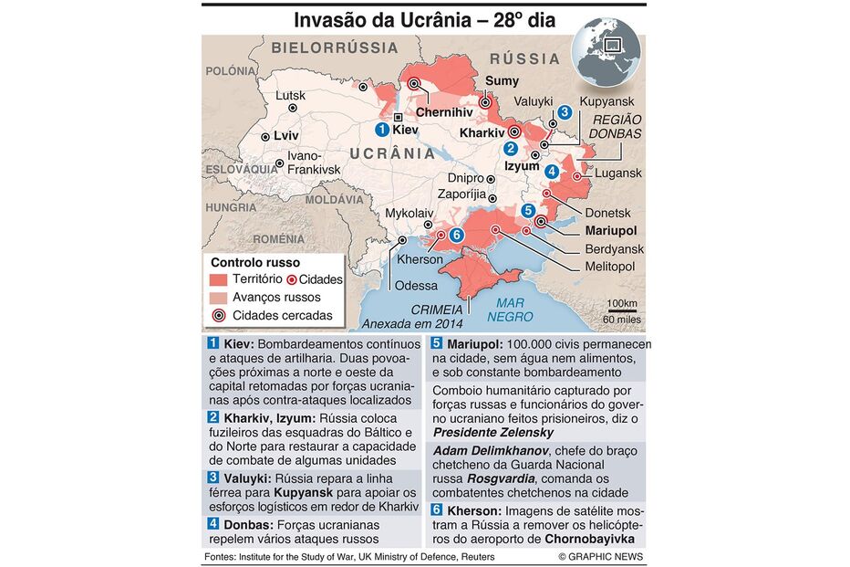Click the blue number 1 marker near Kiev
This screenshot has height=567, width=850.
click(x=382, y=130)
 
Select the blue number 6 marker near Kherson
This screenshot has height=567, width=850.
click(x=457, y=236)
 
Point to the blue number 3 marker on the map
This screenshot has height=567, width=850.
click(x=565, y=112)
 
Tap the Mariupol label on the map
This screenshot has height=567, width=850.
click(x=609, y=230)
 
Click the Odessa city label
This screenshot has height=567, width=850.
click(x=416, y=286)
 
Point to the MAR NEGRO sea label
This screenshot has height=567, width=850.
click(x=510, y=310)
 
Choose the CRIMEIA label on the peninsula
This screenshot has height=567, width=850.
click(x=437, y=310)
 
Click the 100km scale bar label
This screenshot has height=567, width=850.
click(x=622, y=304)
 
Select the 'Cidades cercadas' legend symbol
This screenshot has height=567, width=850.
click(x=219, y=316)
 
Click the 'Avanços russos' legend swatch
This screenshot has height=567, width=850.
click(x=219, y=298)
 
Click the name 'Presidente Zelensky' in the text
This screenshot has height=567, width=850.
click(x=493, y=432)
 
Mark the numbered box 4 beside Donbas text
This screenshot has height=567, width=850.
click(x=213, y=523)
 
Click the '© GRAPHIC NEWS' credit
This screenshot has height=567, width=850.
click(x=600, y=556)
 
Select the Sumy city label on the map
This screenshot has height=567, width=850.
click(x=502, y=81)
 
